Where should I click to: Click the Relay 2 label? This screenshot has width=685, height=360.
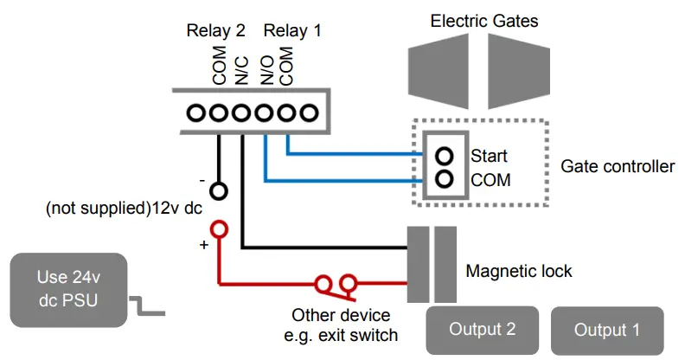click(x=216, y=31)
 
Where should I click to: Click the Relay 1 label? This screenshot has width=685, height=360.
click(x=292, y=31)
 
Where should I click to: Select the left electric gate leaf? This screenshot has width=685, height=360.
click(x=445, y=69)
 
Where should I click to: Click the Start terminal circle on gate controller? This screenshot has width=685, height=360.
click(x=445, y=157)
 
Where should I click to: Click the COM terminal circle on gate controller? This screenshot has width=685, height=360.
click(x=445, y=180)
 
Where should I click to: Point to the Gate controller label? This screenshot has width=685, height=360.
click(x=618, y=166)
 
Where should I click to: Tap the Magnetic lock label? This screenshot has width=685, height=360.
click(x=519, y=271)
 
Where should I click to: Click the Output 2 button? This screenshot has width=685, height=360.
click(x=483, y=330)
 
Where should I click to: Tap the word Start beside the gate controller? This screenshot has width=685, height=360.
click(x=489, y=157)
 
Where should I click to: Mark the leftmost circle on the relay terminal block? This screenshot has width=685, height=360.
click(x=196, y=112)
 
